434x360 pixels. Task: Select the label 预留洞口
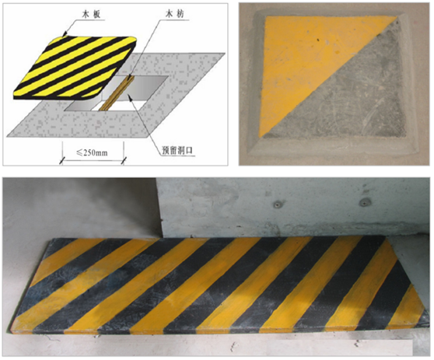(177, 150)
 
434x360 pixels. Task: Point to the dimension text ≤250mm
(92, 152)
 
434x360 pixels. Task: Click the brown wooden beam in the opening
(117, 93)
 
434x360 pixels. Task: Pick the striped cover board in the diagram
(75, 67)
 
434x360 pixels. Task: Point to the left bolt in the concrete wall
(277, 204)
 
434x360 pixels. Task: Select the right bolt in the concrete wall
(364, 202)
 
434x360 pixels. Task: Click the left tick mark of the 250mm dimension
(61, 160)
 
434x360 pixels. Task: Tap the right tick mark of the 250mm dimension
(124, 160)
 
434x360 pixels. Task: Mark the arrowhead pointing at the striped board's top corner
(65, 33)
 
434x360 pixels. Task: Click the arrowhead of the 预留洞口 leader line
(129, 97)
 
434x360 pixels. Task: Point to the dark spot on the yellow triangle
(318, 40)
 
